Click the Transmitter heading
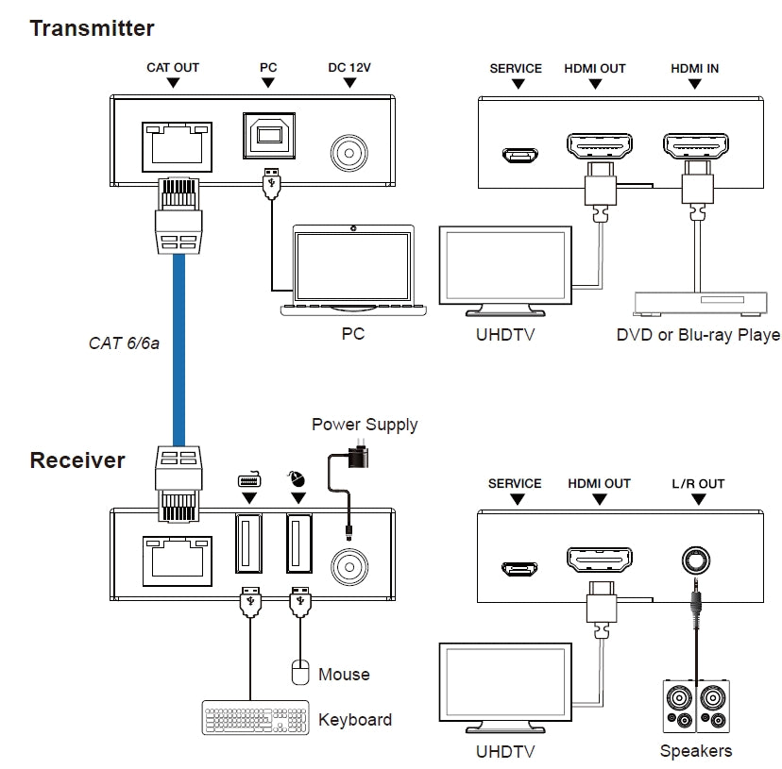coord(92,28)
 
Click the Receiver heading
coord(77,460)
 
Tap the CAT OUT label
coord(173,68)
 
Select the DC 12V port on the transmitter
coord(350,152)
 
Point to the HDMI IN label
coord(695,68)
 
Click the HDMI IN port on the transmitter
coord(695,147)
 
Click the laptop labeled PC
coord(352,270)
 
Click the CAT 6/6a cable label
coord(124,343)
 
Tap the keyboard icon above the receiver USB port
coord(248,479)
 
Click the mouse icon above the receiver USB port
coord(298,478)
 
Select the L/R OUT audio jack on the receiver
coord(697,560)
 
